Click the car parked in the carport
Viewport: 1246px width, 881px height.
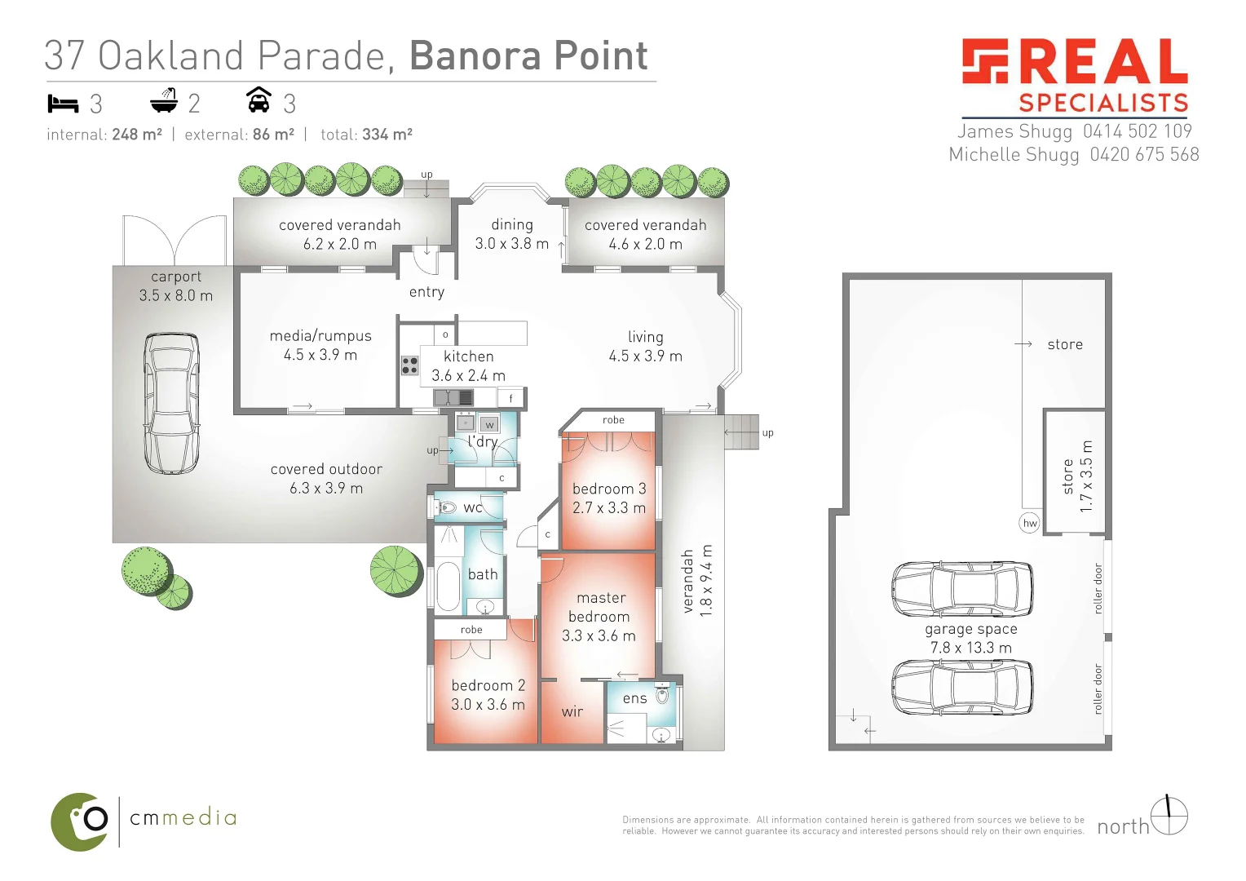click(171, 403)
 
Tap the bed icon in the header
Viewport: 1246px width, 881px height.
click(63, 104)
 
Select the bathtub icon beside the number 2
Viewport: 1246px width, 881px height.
click(164, 101)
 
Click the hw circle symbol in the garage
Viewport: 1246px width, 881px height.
click(1030, 523)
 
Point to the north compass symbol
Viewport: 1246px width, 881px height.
click(1169, 816)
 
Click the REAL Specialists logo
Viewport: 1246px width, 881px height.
click(1075, 75)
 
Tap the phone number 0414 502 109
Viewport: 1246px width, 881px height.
click(1137, 131)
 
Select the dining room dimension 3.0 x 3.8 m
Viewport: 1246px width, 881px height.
click(511, 244)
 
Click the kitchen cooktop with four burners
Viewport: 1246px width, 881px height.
click(409, 365)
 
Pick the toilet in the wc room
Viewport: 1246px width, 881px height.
click(445, 507)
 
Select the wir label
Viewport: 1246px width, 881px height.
click(572, 711)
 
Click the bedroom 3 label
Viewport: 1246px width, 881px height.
click(609, 489)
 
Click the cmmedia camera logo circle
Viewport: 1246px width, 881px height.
click(81, 821)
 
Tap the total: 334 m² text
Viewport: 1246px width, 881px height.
click(366, 135)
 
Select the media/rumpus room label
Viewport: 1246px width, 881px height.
click(320, 336)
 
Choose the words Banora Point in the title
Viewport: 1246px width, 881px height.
click(528, 55)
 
